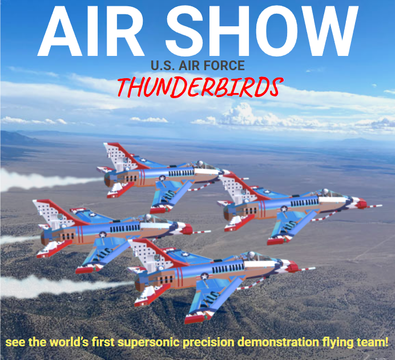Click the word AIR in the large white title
click(x=91, y=31)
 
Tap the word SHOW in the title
click(x=262, y=31)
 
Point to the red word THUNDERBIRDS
click(x=200, y=87)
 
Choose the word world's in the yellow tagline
click(x=68, y=342)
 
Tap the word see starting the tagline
click(x=15, y=343)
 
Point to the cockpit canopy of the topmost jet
click(x=204, y=165)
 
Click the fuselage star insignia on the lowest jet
click(x=205, y=277)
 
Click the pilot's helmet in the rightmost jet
click(x=325, y=192)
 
